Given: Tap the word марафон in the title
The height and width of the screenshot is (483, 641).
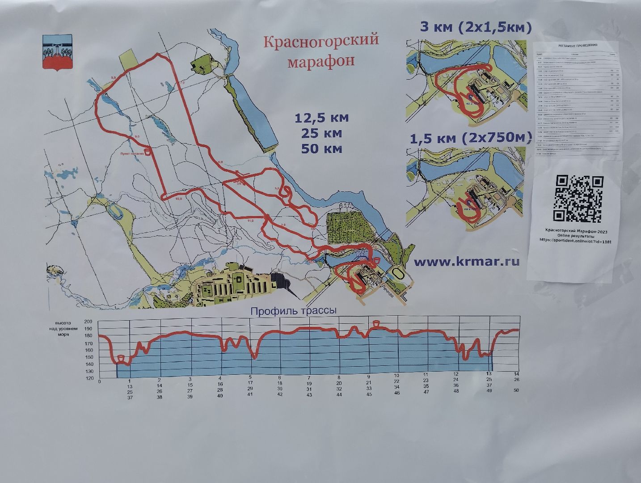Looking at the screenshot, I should coord(321,60).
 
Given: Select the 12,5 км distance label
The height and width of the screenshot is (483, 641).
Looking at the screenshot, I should coord(321,118).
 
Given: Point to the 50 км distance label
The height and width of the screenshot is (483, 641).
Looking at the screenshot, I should coord(321,148).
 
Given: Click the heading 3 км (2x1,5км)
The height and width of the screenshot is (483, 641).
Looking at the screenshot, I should coord(475,27).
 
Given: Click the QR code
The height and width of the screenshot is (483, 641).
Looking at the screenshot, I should coord(578,199).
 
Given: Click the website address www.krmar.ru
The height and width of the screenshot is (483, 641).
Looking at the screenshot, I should coord(467,262).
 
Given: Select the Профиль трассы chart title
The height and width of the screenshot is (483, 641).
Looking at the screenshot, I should coord(293,311).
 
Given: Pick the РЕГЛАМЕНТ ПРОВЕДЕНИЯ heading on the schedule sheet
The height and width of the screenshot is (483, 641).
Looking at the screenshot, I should coord(578,46).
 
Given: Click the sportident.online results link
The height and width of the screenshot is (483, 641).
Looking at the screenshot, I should coord(575,241).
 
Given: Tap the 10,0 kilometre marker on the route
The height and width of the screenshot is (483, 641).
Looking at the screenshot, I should coord(179,199).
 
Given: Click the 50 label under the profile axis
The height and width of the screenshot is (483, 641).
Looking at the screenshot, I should coord(517,390).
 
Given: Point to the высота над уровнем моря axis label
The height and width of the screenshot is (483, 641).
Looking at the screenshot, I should coord(66,328).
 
